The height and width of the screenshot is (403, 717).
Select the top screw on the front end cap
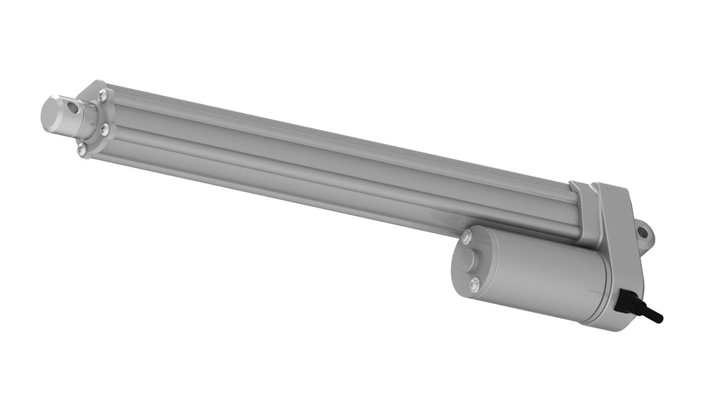104,93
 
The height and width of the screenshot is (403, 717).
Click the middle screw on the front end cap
106,127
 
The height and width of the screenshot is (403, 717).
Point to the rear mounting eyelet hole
644,230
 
